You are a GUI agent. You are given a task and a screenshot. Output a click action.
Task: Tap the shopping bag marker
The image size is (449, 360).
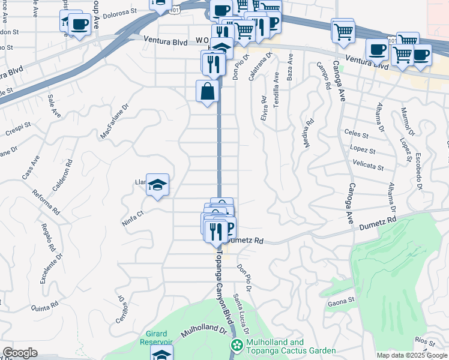pos(207,92)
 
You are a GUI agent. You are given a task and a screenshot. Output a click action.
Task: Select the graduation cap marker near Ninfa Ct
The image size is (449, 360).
pos(157,185)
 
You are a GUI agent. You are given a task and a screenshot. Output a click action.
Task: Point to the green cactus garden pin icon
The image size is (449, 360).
pos(237,346)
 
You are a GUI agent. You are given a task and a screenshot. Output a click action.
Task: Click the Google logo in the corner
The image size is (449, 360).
pos(20,353)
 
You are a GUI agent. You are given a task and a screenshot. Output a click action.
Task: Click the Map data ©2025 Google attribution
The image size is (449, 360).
pos(412,355)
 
